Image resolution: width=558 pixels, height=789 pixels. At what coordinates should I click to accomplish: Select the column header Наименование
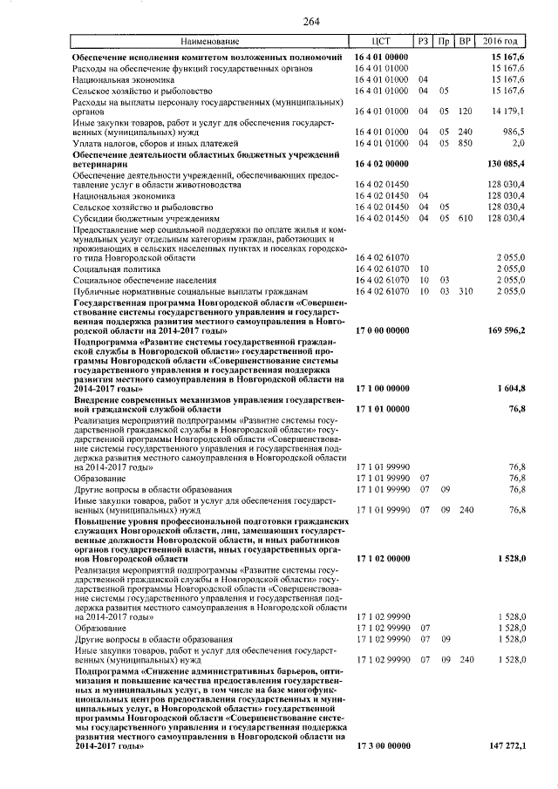tap(209, 41)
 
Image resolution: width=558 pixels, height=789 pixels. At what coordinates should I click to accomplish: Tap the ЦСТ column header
tap(381, 41)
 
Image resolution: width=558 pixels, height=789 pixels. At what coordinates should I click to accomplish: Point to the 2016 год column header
tap(505, 41)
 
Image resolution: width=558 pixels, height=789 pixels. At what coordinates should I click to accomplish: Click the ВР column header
tap(466, 41)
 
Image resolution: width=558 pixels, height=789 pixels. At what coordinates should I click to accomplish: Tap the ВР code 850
tap(466, 141)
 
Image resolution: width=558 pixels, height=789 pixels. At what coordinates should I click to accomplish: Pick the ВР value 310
tap(466, 290)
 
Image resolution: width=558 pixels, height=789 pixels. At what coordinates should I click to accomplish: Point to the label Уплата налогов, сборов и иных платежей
tap(149, 141)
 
